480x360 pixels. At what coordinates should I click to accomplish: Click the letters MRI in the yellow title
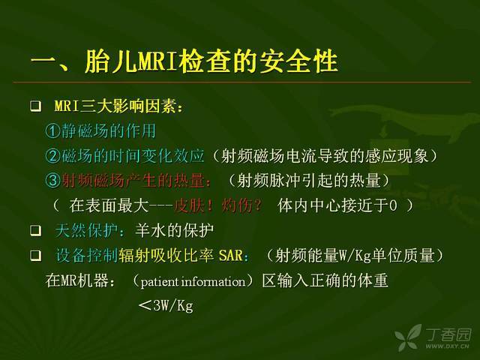[x=157, y=61]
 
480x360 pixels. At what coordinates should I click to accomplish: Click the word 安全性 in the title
[x=298, y=61]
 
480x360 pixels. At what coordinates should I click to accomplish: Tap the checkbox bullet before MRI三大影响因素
[x=35, y=106]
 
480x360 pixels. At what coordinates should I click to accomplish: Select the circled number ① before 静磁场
[x=52, y=131]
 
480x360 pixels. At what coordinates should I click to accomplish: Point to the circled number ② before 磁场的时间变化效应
[x=52, y=156]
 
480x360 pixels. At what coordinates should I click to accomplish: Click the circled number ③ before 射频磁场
[x=52, y=180]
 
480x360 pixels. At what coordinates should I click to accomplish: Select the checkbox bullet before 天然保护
[x=35, y=230]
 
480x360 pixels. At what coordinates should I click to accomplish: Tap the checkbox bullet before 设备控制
[x=35, y=255]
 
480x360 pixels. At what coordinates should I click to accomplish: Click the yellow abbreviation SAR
[x=231, y=256]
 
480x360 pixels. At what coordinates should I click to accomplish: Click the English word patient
[x=160, y=282]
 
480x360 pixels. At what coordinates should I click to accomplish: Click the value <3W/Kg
[x=166, y=305]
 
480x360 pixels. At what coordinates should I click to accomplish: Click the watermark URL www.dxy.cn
[x=447, y=346]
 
